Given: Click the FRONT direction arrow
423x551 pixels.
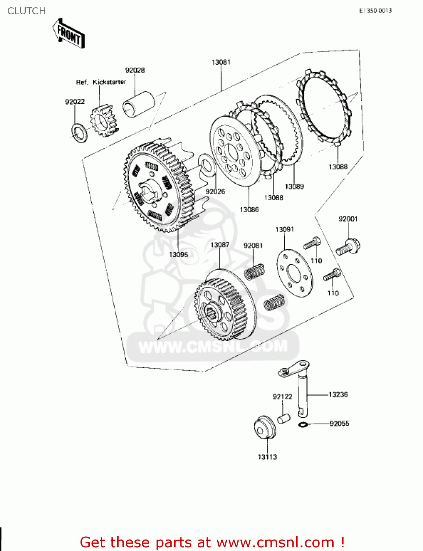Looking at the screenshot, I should click(69, 34).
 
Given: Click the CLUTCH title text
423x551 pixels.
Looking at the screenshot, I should click(26, 11).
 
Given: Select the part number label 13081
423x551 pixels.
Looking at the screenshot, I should click(221, 62).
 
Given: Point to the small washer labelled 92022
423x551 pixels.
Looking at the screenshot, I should click(79, 132).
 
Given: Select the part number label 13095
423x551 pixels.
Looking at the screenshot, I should click(178, 254).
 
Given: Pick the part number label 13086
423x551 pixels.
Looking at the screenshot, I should click(249, 209).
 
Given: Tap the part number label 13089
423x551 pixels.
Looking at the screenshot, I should click(294, 186).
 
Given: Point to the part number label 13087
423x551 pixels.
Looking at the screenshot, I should click(220, 245).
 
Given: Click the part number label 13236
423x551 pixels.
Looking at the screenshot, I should click(338, 394).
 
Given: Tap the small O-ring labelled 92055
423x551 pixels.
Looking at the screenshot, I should click(302, 425).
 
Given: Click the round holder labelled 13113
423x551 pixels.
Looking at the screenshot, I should click(265, 427).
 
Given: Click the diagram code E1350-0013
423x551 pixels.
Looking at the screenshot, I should click(375, 11).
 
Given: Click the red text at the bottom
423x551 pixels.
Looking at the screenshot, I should click(212, 542).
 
